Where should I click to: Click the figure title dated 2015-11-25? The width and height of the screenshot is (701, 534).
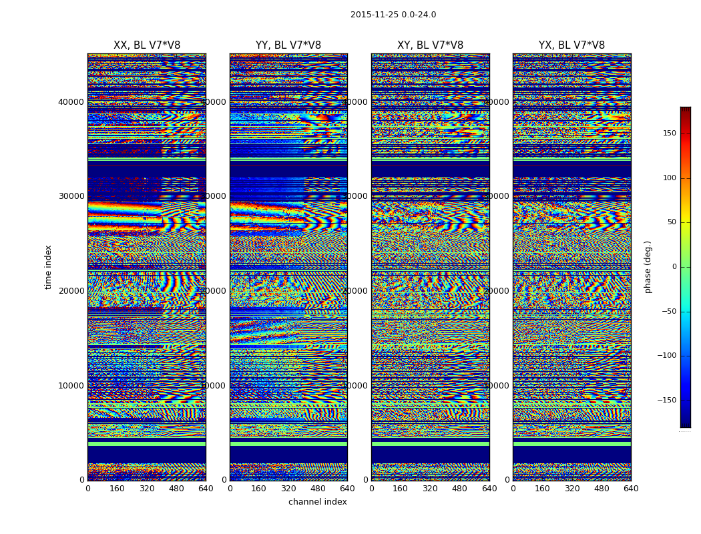click(393, 15)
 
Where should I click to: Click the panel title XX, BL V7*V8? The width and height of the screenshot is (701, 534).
click(147, 45)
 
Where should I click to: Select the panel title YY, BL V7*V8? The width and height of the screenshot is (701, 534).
click(288, 45)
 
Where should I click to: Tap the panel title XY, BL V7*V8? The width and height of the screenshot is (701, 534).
click(430, 45)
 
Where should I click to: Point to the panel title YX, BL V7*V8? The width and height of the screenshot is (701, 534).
click(571, 45)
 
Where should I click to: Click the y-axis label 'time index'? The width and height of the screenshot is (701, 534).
click(48, 266)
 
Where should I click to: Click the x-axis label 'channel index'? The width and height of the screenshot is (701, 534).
click(318, 502)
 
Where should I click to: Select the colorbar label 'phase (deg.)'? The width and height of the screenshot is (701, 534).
click(648, 266)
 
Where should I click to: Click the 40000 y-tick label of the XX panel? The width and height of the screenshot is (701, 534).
click(71, 101)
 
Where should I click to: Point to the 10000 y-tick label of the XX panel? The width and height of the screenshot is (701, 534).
click(71, 385)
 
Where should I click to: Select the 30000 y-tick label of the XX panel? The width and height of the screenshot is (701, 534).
click(71, 196)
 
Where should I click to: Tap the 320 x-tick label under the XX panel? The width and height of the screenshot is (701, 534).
click(147, 489)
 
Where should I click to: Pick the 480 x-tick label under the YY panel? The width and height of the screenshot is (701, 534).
click(318, 489)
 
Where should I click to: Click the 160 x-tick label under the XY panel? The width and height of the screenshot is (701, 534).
click(401, 489)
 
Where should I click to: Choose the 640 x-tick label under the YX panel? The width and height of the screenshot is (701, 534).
click(631, 489)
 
